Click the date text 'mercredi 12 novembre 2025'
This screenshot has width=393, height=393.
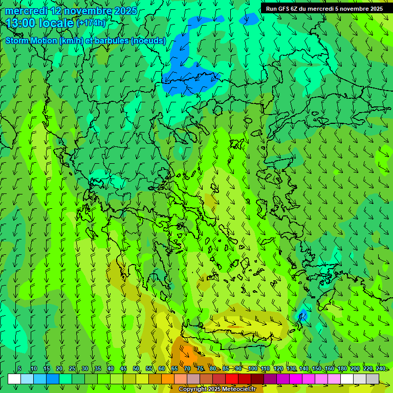pyautogui.click(x=71, y=11)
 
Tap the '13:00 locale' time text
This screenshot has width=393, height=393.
pyautogui.click(x=40, y=23)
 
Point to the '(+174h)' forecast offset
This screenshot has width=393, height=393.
pyautogui.click(x=91, y=23)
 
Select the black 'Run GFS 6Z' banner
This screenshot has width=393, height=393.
pyautogui.click(x=324, y=9)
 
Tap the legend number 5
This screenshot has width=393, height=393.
pyautogui.click(x=19, y=369)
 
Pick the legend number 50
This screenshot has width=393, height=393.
pyautogui.click(x=136, y=369)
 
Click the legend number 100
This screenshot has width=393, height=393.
pyautogui.click(x=253, y=369)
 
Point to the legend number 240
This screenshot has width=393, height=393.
pyautogui.click(x=381, y=369)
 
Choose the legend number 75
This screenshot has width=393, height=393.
pyautogui.click(x=200, y=369)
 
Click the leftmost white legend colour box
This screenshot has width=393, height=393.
pyautogui.click(x=14, y=379)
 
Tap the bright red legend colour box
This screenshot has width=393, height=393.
pyautogui.click(x=232, y=379)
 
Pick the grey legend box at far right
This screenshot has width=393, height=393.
pyautogui.click(x=373, y=379)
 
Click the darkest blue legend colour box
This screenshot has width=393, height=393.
pyautogui.click(x=53, y=379)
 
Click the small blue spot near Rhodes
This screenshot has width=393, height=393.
pyautogui.click(x=303, y=314)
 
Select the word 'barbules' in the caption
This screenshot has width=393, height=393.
pyautogui.click(x=112, y=41)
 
